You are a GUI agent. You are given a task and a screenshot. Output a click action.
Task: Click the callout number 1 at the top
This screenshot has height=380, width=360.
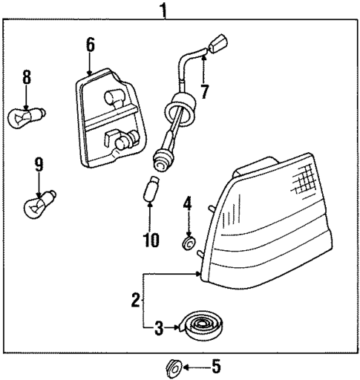point(163,10)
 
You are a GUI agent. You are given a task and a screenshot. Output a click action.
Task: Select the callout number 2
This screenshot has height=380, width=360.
point(135,300)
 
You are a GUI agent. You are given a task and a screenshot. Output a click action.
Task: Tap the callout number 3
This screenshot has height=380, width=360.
point(158,327)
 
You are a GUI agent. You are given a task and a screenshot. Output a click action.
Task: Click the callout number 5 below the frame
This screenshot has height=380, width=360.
point(216,366)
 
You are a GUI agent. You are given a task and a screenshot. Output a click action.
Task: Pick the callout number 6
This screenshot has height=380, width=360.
point(90,45)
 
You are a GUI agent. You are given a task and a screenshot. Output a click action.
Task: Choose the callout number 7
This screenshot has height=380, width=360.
point(204,92)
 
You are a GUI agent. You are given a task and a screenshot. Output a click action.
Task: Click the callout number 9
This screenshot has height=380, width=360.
point(37,165)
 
